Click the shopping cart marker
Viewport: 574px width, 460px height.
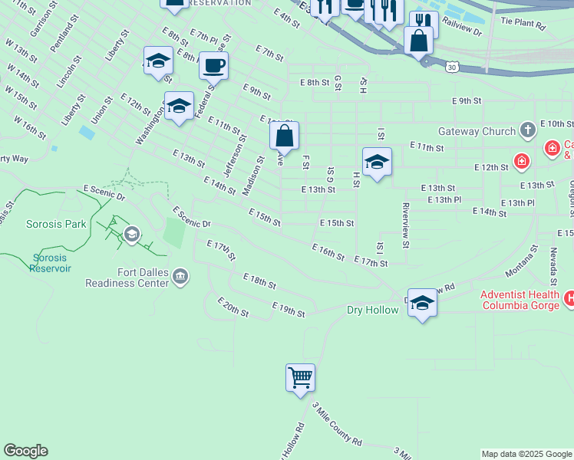point(300,378)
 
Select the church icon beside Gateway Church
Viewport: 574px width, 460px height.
point(527,130)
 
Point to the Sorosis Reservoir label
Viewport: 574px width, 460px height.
point(50,263)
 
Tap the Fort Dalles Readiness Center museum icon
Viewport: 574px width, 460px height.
point(180,275)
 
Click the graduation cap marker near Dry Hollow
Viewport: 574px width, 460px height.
point(422,303)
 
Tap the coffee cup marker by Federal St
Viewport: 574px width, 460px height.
point(213,66)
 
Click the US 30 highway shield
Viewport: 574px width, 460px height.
point(451,67)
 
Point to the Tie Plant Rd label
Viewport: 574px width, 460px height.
point(523,25)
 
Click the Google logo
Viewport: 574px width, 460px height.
point(25,451)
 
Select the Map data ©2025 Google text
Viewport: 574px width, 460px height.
point(526,454)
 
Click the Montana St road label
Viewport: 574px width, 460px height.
point(523,261)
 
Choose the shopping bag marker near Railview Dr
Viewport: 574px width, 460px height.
point(419,41)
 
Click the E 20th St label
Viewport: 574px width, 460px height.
point(233,307)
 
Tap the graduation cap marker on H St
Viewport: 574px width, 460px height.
point(377,163)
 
